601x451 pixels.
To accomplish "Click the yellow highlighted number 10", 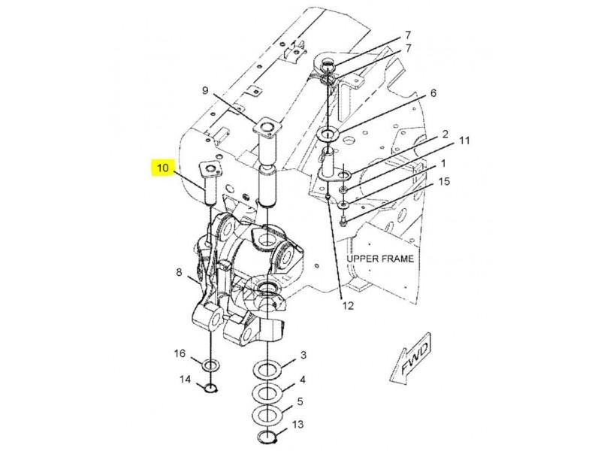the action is (163, 168).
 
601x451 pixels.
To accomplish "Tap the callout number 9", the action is (205, 90).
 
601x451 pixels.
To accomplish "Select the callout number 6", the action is (433, 93).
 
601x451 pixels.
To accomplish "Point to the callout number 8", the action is (179, 273).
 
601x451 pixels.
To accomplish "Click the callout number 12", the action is (348, 306).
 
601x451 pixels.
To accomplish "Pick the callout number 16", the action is (180, 353).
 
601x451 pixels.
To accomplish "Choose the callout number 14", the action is (185, 380).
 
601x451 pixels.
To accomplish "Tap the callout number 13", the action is (297, 424).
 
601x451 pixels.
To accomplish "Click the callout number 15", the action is (444, 181).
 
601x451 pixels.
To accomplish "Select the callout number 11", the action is (464, 141).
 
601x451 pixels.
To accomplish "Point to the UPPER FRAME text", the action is (380, 259).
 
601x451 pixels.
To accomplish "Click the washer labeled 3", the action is (267, 369).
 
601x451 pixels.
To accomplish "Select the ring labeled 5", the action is (267, 414).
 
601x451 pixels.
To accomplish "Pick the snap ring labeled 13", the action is (267, 436).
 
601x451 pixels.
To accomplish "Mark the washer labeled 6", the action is (328, 135).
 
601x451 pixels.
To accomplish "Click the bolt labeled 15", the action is (343, 221).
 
